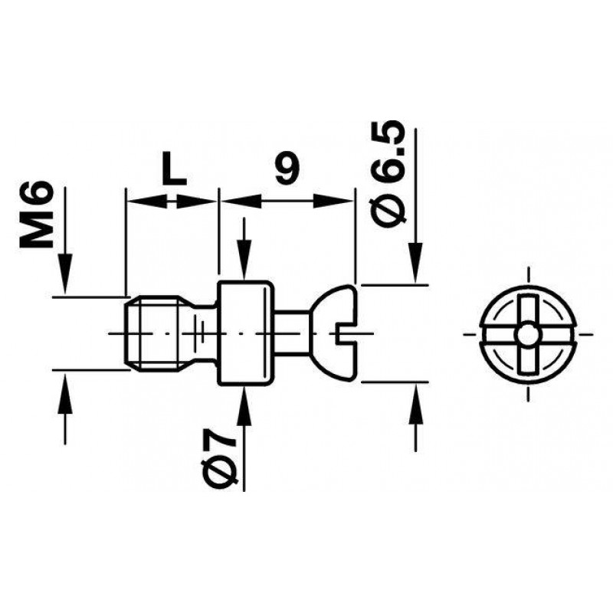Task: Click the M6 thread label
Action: (36, 215)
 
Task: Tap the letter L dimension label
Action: (174, 169)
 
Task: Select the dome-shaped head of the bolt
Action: (333, 333)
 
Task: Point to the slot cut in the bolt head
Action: (346, 333)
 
